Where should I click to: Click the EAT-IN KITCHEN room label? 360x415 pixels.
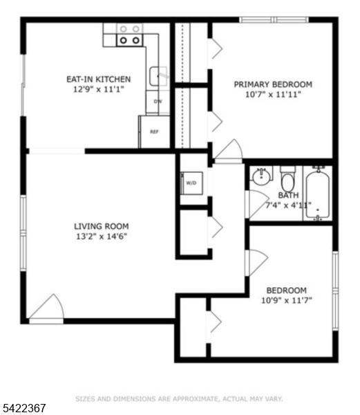(x=97, y=79)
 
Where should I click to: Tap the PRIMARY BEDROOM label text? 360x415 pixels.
(x=272, y=84)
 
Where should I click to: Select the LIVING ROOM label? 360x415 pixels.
(x=101, y=225)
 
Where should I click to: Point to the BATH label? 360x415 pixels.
(x=288, y=195)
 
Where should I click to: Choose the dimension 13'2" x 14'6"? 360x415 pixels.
(x=101, y=236)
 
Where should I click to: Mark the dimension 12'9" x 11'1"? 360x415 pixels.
(x=97, y=89)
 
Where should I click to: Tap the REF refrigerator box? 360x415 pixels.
(x=154, y=131)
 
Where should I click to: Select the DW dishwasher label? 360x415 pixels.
(x=158, y=102)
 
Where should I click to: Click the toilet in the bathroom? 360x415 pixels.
(x=288, y=179)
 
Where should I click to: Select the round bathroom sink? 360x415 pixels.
(x=261, y=177)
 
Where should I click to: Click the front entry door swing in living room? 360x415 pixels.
(x=48, y=308)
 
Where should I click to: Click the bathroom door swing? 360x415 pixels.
(x=257, y=203)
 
